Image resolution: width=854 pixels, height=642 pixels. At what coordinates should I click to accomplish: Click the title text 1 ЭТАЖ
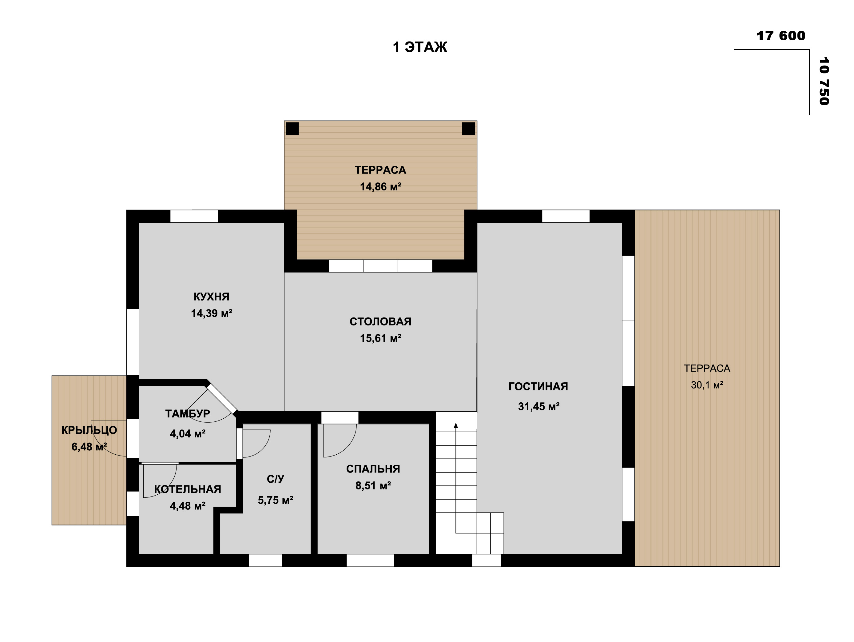point(420,47)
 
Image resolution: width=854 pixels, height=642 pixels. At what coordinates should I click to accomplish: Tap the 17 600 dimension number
point(781,36)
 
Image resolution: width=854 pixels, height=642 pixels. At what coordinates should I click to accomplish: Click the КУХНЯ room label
point(211,297)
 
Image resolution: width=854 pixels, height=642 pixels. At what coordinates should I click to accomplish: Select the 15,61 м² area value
point(381,338)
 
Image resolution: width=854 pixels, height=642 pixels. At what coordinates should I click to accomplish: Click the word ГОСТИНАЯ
point(538,387)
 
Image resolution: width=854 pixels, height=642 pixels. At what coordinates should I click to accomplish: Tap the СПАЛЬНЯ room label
point(373,469)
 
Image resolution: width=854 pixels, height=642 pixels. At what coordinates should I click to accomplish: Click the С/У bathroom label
point(275,479)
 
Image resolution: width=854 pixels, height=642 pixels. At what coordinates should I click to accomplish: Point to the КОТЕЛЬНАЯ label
point(188,489)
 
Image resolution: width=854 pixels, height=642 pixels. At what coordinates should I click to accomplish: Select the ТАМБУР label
point(188,414)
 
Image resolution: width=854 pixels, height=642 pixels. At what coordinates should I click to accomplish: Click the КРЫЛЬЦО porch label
point(89,430)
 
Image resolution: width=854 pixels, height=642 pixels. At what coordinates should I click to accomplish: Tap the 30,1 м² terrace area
point(707,385)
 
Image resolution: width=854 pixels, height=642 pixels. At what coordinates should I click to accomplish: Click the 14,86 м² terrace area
point(381,187)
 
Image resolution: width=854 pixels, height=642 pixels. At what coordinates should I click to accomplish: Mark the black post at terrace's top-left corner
point(292,129)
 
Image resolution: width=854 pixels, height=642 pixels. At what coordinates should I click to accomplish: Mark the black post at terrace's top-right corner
point(468,129)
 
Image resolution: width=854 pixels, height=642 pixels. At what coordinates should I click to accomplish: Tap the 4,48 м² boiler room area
point(188,506)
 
